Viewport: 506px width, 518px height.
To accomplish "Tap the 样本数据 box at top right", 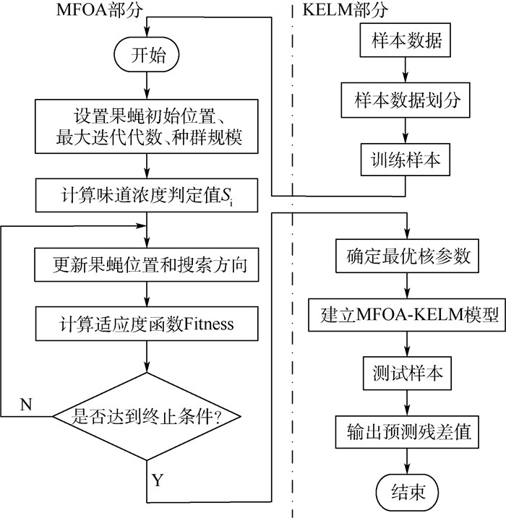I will point(405,43).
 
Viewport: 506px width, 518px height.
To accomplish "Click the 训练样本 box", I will point(405,160).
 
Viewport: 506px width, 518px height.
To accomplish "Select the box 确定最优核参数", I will point(405,255).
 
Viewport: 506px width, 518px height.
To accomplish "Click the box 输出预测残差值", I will point(405,433).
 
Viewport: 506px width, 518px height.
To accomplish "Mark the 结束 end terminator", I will point(405,493).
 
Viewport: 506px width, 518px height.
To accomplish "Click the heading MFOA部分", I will point(87,10).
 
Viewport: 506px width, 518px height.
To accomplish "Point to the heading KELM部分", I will point(344,10).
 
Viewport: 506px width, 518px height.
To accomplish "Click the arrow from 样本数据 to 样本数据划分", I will point(405,72).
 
